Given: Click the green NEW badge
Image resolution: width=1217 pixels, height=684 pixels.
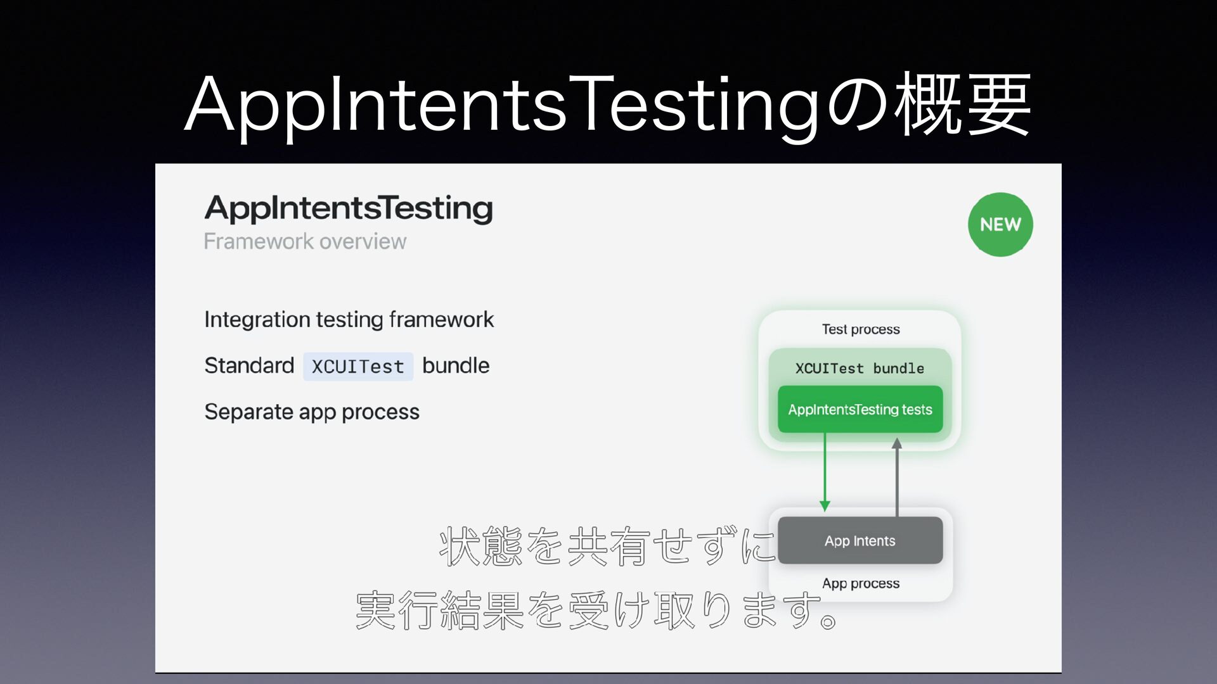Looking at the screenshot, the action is (x=1000, y=224).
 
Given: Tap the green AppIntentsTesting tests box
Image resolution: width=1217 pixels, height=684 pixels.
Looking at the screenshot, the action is (x=860, y=409).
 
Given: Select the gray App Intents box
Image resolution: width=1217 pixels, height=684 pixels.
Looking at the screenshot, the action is (x=860, y=540).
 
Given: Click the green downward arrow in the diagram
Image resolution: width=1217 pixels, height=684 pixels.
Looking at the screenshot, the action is (x=825, y=472).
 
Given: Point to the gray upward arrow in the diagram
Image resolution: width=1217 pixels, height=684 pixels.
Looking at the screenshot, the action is (x=897, y=477).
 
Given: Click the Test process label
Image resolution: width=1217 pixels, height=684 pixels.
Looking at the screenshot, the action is (x=861, y=329).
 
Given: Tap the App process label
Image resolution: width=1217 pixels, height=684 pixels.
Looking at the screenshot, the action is (x=861, y=583).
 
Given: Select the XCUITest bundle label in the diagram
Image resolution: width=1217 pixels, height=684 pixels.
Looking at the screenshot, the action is (x=860, y=368).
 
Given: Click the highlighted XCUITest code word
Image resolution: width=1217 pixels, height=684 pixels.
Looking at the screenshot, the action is (x=358, y=366).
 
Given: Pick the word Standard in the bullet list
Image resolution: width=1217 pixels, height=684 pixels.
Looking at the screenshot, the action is (x=249, y=365).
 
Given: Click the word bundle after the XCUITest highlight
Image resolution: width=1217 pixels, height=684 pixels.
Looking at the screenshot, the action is (x=456, y=365).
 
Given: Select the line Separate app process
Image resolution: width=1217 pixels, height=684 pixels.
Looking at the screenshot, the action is (x=312, y=412).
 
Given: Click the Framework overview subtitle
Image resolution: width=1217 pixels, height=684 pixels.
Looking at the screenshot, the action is (x=305, y=241).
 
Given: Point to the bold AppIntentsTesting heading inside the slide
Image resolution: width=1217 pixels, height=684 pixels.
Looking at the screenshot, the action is (x=349, y=208).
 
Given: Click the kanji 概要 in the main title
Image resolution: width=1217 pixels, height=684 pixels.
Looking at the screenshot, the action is (x=963, y=103).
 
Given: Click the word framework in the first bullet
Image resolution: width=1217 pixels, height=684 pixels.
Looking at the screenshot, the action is (x=441, y=319).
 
